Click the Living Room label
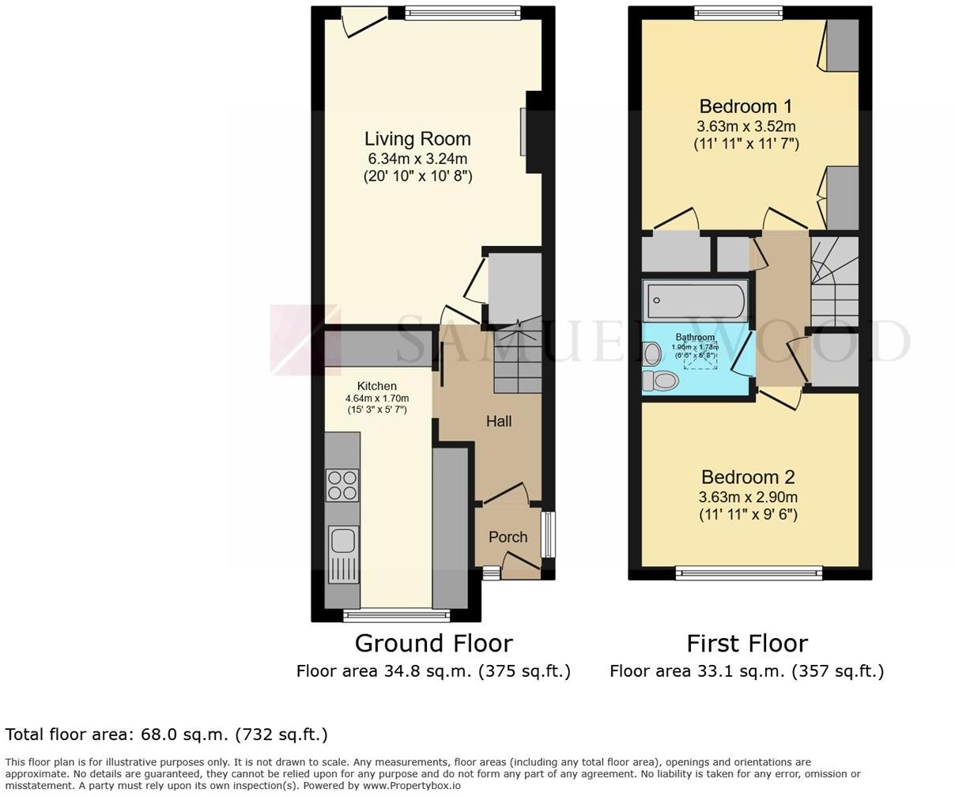pyautogui.click(x=417, y=138)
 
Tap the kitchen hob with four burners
pyautogui.click(x=342, y=485)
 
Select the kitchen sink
pyautogui.click(x=343, y=542)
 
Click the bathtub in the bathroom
pyautogui.click(x=695, y=300)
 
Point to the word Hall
pyautogui.click(x=498, y=421)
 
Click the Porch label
pyautogui.click(x=508, y=537)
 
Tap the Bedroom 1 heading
pyautogui.click(x=746, y=106)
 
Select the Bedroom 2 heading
pyautogui.click(x=748, y=477)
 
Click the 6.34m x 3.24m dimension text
pyautogui.click(x=417, y=158)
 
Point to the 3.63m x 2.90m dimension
pyautogui.click(x=748, y=497)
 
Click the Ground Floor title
pyautogui.click(x=433, y=643)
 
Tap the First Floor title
pyautogui.click(x=746, y=643)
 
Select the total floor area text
pyautogui.click(x=166, y=735)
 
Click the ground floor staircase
pyautogui.click(x=518, y=360)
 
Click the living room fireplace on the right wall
pyautogui.click(x=524, y=132)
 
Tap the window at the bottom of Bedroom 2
pyautogui.click(x=748, y=572)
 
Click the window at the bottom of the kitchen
pyautogui.click(x=395, y=614)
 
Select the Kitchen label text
pyautogui.click(x=376, y=386)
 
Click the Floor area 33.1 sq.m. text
pyautogui.click(x=746, y=671)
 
